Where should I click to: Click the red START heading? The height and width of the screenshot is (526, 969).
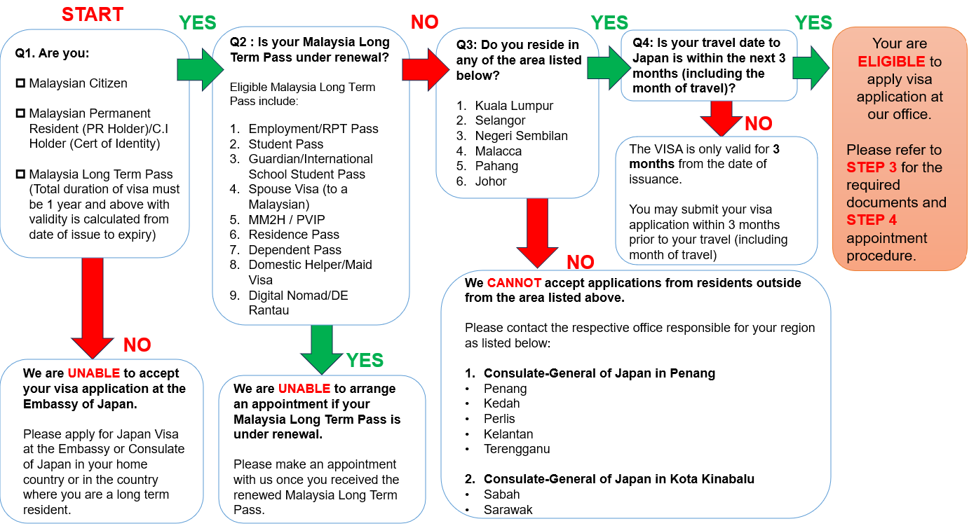93,14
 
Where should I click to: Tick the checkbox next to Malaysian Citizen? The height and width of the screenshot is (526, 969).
20,83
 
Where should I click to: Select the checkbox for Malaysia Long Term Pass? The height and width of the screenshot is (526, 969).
20,174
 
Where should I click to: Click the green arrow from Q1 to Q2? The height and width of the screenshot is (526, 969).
201,69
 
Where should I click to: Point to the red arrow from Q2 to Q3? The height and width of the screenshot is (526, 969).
426,69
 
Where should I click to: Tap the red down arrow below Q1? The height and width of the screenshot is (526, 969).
93,308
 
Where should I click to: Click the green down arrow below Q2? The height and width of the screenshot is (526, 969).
321,349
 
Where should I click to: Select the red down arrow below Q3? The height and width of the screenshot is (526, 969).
537,233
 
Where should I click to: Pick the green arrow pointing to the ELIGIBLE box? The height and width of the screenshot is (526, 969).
811,69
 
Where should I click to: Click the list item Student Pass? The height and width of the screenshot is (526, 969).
285,144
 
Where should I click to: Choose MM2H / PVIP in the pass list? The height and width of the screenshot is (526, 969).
286,219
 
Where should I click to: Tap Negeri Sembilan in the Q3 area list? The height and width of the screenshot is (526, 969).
521,136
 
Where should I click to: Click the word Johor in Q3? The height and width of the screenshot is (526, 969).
491,181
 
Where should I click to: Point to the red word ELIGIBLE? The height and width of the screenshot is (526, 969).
892,62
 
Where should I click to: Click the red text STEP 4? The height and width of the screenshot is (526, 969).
872,220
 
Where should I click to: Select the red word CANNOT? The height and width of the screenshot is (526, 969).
514,283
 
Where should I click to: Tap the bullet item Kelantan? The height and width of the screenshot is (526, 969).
508,434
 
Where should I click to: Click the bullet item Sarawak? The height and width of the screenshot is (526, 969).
508,510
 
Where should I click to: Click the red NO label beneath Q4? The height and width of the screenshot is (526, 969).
759,123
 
